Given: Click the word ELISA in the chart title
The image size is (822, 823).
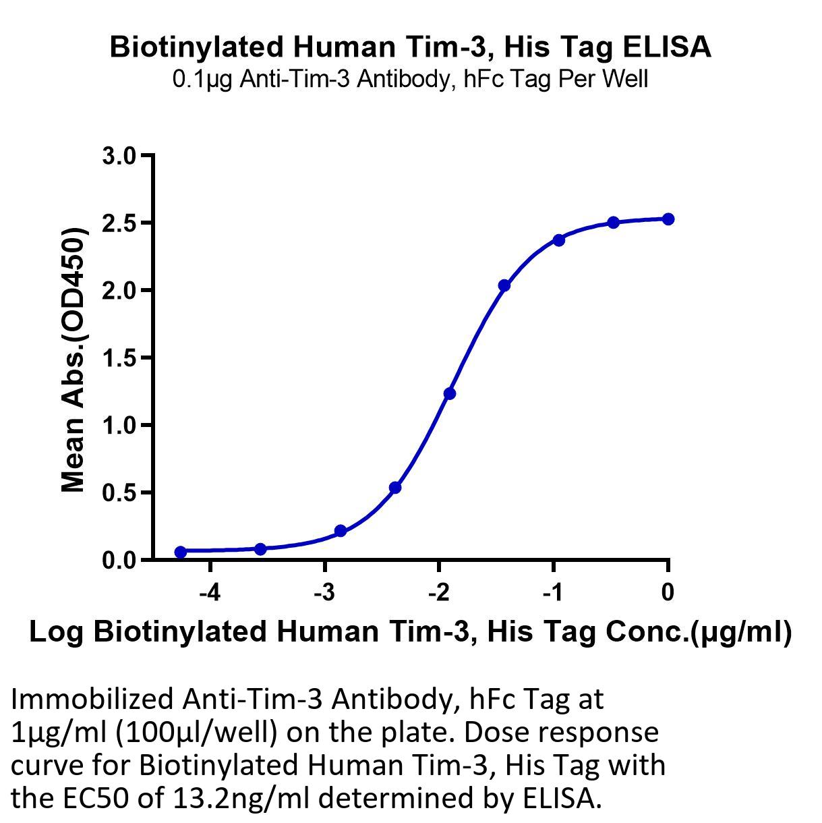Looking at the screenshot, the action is [x=666, y=47].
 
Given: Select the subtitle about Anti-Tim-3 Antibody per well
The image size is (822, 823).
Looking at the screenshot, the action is [x=411, y=79].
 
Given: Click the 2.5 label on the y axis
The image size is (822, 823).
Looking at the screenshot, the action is [x=119, y=223].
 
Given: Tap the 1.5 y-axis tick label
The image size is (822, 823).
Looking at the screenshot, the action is [x=119, y=358].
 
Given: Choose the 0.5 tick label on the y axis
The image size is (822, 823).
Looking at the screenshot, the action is [x=119, y=492].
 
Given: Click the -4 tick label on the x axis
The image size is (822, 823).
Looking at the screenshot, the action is [x=210, y=593].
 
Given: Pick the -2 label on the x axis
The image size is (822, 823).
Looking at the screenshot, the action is [x=438, y=593].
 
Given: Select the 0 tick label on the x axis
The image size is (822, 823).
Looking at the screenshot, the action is [x=668, y=593].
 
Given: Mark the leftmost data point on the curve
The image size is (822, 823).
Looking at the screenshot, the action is [x=181, y=552].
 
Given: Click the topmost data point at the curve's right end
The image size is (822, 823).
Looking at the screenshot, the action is [x=668, y=219].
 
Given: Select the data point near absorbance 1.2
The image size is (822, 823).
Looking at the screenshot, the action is [x=450, y=393].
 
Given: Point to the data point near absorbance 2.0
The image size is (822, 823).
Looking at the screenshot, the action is [x=504, y=285].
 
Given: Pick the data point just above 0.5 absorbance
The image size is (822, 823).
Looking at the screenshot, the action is [x=395, y=487].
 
